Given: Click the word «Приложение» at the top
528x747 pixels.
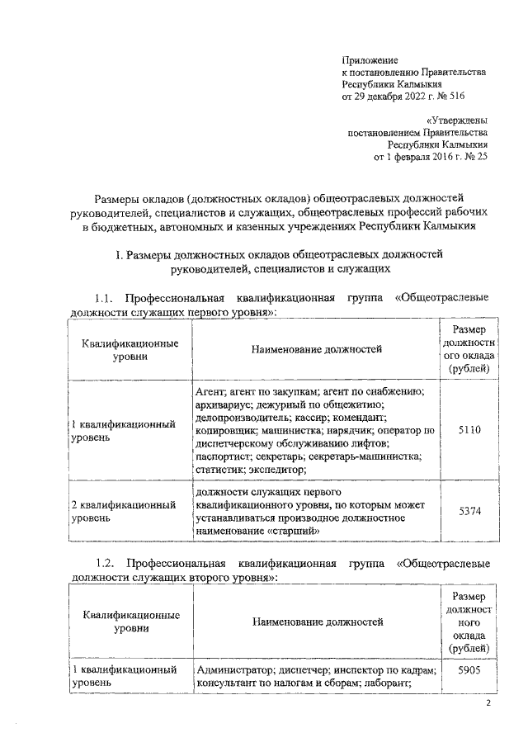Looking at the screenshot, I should (x=370, y=60).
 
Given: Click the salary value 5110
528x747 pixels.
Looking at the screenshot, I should (x=469, y=430).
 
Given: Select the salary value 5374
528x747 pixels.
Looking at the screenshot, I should (x=469, y=512).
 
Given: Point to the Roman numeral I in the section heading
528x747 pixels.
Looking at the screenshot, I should (x=120, y=253).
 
